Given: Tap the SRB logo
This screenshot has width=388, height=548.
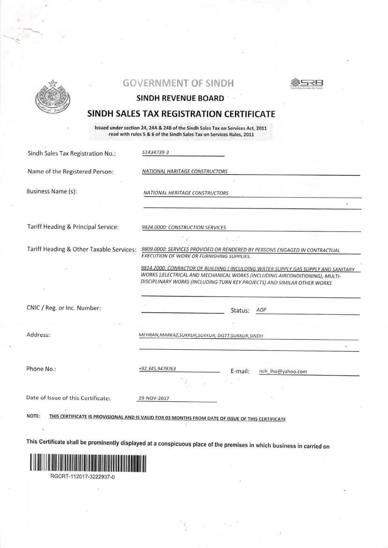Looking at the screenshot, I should (x=307, y=83).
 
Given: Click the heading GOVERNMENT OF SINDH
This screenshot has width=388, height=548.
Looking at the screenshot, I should (x=178, y=83).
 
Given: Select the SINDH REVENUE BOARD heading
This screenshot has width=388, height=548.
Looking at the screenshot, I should (x=180, y=98).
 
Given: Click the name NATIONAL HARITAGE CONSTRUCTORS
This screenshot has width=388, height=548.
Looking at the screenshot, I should (x=185, y=171).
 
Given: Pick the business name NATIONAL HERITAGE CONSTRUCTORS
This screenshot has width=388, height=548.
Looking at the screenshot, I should (x=186, y=193).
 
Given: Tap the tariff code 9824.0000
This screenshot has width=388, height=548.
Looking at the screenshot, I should (x=153, y=228).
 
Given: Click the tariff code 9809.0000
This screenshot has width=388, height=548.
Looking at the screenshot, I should (x=153, y=250).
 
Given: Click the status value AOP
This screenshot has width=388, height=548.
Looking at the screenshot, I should (x=261, y=310).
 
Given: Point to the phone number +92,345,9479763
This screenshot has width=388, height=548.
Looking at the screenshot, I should (x=157, y=369).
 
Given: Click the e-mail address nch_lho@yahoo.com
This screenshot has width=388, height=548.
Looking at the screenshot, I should (x=283, y=371).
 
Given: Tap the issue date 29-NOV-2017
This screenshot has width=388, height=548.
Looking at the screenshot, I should (x=154, y=398).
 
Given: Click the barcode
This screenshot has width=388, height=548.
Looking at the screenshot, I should (x=88, y=463).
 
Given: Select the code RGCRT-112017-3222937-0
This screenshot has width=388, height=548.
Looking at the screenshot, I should (x=82, y=476).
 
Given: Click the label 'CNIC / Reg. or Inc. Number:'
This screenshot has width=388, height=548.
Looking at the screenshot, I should (x=64, y=308).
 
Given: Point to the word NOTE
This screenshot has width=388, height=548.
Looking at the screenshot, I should (x=33, y=416).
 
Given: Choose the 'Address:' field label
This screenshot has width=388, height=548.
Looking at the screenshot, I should (x=38, y=335).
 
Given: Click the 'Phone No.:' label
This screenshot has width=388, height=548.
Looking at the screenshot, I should (x=41, y=369).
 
